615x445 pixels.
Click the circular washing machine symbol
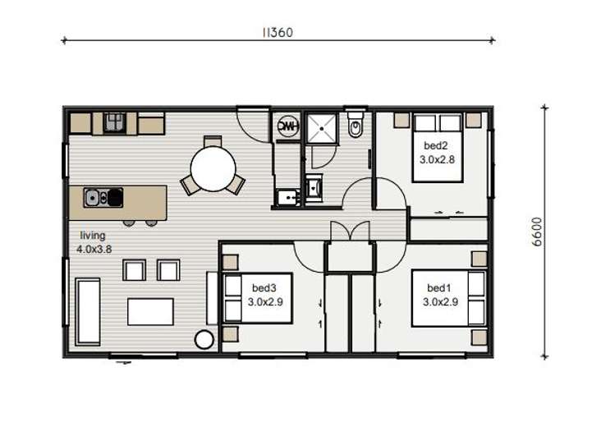click(287, 126)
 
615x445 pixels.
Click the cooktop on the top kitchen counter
click(113, 123)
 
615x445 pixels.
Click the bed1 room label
click(439, 289)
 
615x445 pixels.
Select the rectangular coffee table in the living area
click(150, 312)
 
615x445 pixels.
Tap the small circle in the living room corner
click(204, 339)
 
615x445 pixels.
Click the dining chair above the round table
click(213, 140)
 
